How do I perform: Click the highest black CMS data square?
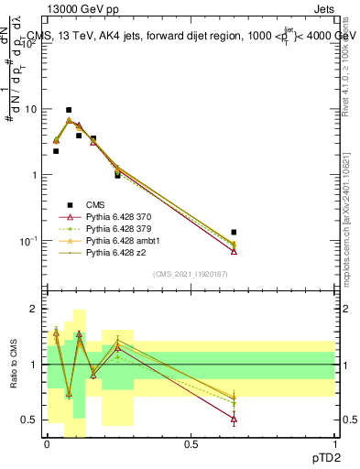[69, 110]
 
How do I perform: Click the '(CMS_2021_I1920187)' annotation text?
[191, 274]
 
